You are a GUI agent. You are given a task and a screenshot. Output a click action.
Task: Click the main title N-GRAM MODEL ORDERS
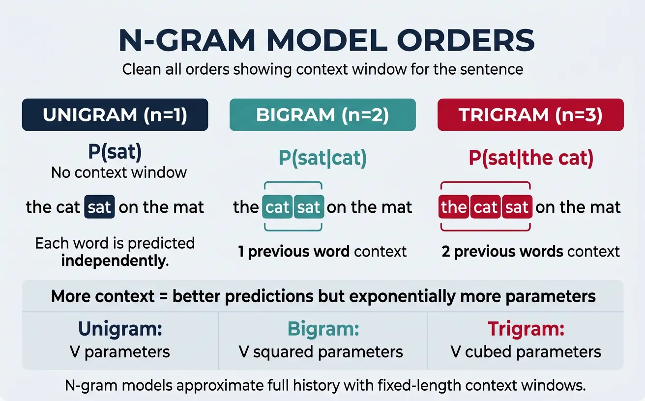(x=326, y=41)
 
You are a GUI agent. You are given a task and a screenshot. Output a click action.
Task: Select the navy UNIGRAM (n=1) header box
(x=115, y=115)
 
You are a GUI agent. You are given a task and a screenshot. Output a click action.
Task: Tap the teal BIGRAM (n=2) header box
(x=322, y=115)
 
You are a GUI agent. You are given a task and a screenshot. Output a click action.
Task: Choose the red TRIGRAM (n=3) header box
(x=530, y=115)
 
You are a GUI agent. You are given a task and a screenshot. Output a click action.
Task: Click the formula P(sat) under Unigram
(x=115, y=153)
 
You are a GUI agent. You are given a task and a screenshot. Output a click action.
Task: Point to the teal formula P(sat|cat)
(x=322, y=158)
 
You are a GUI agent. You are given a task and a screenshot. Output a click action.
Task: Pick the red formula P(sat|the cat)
(x=530, y=158)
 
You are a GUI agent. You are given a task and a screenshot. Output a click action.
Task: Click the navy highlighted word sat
(x=99, y=207)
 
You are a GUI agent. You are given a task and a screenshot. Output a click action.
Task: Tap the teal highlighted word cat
(x=277, y=207)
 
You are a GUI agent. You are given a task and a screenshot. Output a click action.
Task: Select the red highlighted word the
(x=453, y=207)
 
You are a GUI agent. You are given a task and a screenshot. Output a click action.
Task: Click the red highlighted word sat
(x=517, y=207)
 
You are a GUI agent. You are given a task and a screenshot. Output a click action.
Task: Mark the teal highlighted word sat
(x=309, y=207)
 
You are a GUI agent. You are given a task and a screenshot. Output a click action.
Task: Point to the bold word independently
(x=115, y=260)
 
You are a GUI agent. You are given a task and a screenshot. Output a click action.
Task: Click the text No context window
(x=119, y=172)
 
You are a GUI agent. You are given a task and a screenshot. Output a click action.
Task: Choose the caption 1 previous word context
(x=322, y=252)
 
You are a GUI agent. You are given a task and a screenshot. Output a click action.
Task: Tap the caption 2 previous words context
(x=530, y=252)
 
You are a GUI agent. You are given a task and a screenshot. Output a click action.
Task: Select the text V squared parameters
(x=321, y=352)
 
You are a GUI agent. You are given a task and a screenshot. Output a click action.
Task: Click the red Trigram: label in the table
(x=526, y=329)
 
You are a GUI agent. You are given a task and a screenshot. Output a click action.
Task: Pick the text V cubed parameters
(x=526, y=352)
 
